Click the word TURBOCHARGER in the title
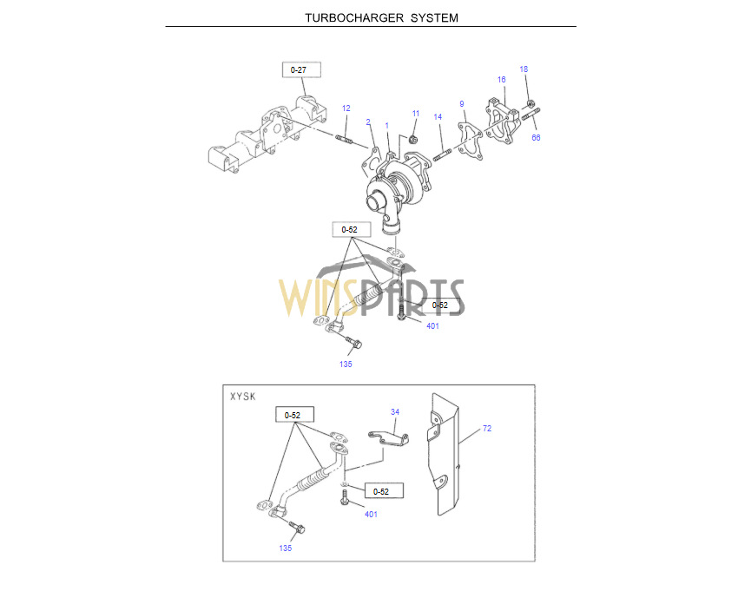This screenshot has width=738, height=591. pyautogui.click(x=354, y=18)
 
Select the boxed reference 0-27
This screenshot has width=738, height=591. pyautogui.click(x=301, y=69)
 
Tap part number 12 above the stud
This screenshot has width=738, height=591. pyautogui.click(x=346, y=108)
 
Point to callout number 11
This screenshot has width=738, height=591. pyautogui.click(x=416, y=114)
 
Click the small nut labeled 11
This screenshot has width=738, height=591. pyautogui.click(x=412, y=139)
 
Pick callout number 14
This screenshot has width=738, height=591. pyautogui.click(x=438, y=116)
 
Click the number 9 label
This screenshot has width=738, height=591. pyautogui.click(x=462, y=104)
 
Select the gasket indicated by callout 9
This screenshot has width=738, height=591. pyautogui.click(x=471, y=141)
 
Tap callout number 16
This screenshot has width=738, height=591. pyautogui.click(x=501, y=80)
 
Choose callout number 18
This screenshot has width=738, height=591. pyautogui.click(x=524, y=69)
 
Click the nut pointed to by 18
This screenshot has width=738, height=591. pyautogui.click(x=530, y=103)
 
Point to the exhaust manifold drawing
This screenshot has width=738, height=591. pyautogui.click(x=267, y=136)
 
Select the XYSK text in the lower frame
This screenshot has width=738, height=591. pyautogui.click(x=243, y=397)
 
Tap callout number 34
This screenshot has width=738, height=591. pyautogui.click(x=395, y=411)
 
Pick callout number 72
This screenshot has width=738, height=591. pyautogui.click(x=487, y=428)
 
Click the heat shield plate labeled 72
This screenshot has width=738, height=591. pyautogui.click(x=444, y=454)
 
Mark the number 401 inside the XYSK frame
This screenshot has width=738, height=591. pyautogui.click(x=371, y=515)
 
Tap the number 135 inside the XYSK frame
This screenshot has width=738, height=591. pyautogui.click(x=286, y=548)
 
